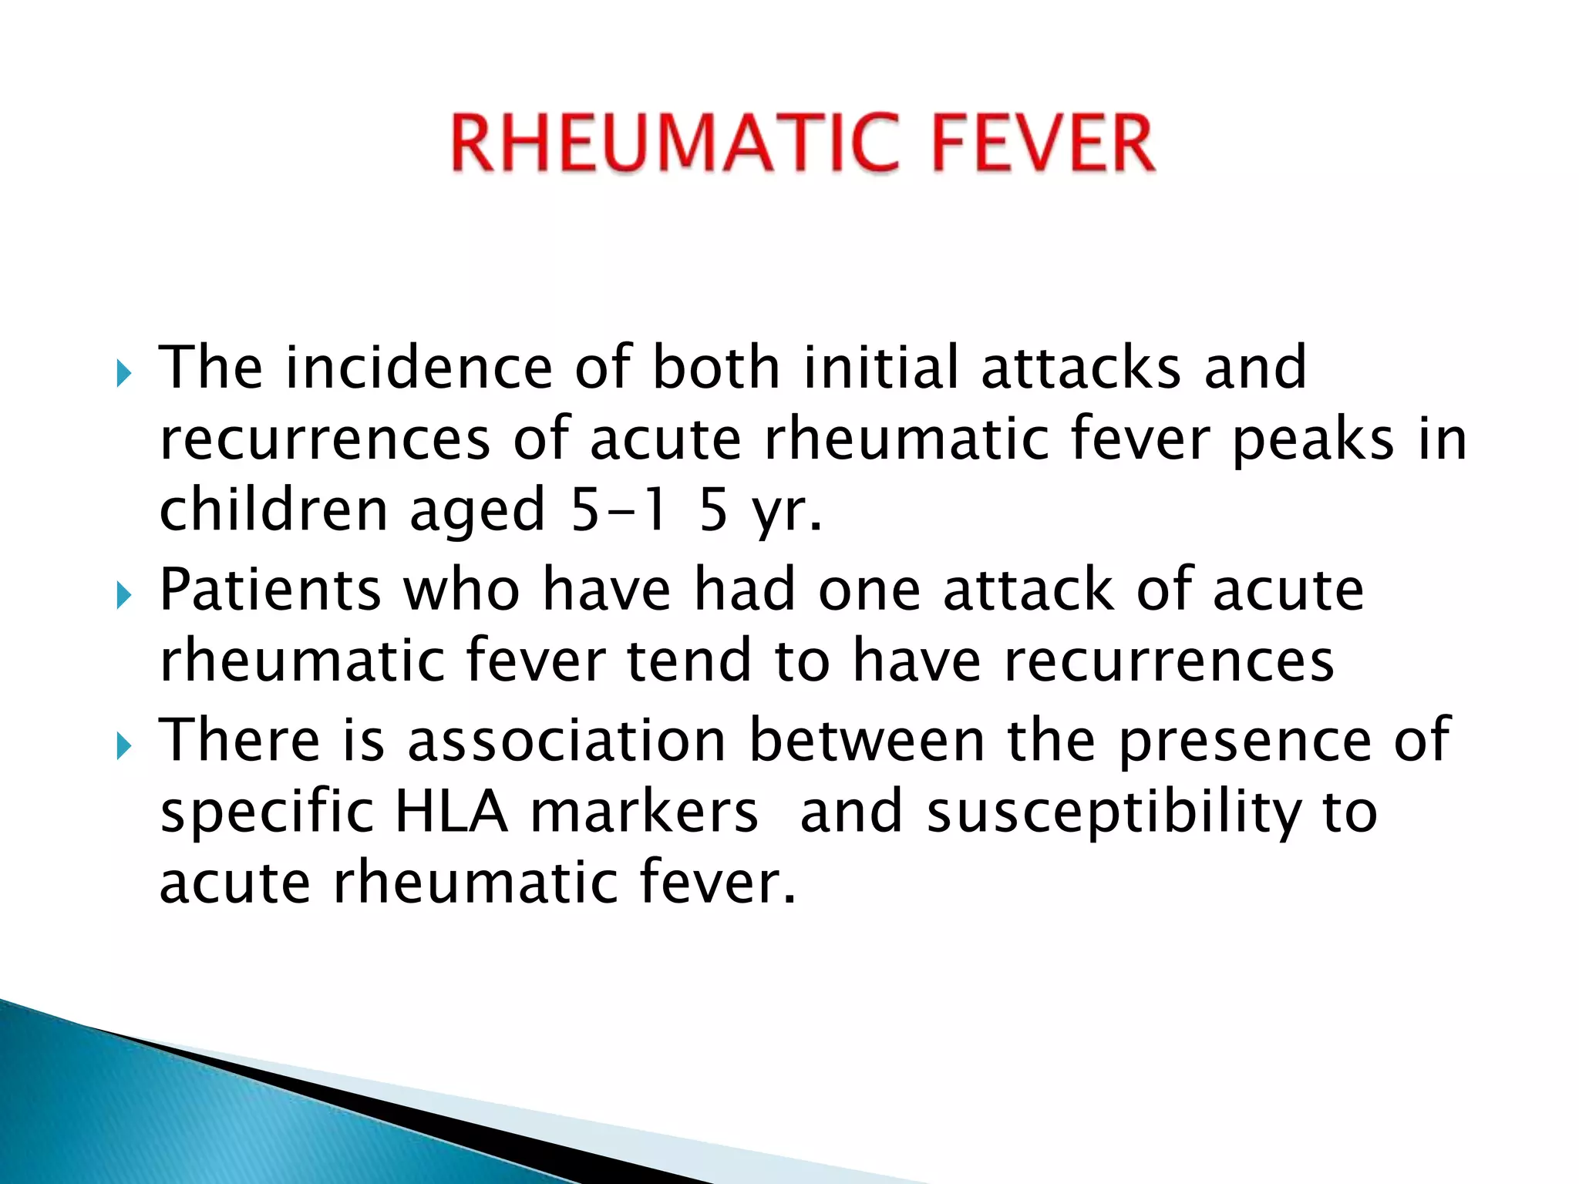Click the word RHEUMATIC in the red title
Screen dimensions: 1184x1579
(675, 144)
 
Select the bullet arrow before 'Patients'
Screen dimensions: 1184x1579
(124, 596)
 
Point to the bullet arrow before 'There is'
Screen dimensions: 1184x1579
(124, 745)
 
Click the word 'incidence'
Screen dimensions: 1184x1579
(419, 368)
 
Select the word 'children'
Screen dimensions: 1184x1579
(273, 510)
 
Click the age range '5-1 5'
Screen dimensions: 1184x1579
(648, 510)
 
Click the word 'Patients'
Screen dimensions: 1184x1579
(270, 590)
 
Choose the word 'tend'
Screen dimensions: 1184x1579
(689, 661)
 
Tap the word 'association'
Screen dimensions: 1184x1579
(567, 740)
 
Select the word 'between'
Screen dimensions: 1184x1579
(867, 740)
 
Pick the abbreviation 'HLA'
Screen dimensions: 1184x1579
(451, 812)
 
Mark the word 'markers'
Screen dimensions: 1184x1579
(645, 812)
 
